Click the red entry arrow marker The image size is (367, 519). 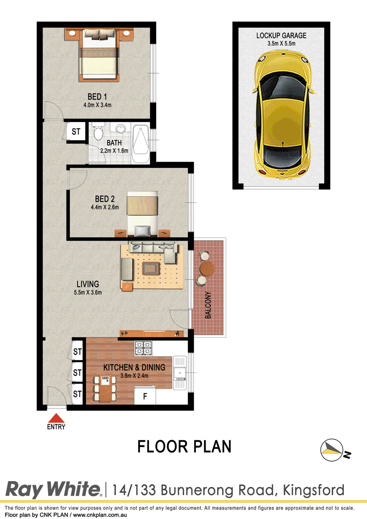click(x=56, y=418)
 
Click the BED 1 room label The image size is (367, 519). click(x=97, y=97)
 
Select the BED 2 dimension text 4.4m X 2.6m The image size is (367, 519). click(x=105, y=207)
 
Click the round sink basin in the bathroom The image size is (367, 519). click(x=120, y=128)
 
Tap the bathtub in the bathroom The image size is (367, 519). click(x=140, y=144)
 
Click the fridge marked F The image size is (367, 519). click(x=145, y=396)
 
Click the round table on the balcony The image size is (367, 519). click(x=207, y=269)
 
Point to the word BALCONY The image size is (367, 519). click(x=208, y=305)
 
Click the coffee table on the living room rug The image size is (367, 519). click(x=151, y=268)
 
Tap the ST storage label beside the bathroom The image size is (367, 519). click(x=76, y=131)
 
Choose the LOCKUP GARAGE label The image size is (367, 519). click(x=281, y=35)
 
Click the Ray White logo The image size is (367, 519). click(x=53, y=489)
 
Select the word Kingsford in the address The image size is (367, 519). click(x=313, y=491)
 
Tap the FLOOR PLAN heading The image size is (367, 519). click(x=184, y=447)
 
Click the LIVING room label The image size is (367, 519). click(x=88, y=284)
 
